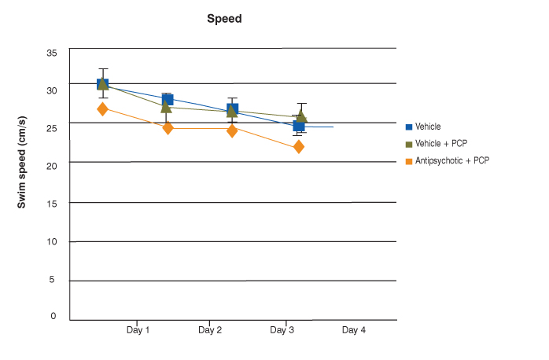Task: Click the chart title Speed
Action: click(224, 19)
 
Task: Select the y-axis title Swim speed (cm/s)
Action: click(23, 161)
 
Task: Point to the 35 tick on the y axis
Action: click(52, 53)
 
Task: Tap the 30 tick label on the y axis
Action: click(52, 90)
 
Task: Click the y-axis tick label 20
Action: click(52, 166)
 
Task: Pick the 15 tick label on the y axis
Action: click(52, 204)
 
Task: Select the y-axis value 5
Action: click(54, 279)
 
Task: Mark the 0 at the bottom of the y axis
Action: click(54, 316)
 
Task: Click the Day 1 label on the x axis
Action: click(138, 331)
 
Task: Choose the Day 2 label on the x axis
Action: click(209, 331)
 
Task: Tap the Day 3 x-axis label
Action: click(282, 331)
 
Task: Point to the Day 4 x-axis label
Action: click(353, 331)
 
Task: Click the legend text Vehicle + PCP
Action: click(441, 144)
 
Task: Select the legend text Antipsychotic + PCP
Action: click(451, 161)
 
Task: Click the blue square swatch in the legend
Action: click(409, 127)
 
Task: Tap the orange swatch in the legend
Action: click(409, 161)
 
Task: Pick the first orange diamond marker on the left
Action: click(102, 109)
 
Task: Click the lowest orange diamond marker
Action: click(299, 147)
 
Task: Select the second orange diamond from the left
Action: click(168, 128)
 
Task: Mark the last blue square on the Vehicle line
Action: click(299, 126)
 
